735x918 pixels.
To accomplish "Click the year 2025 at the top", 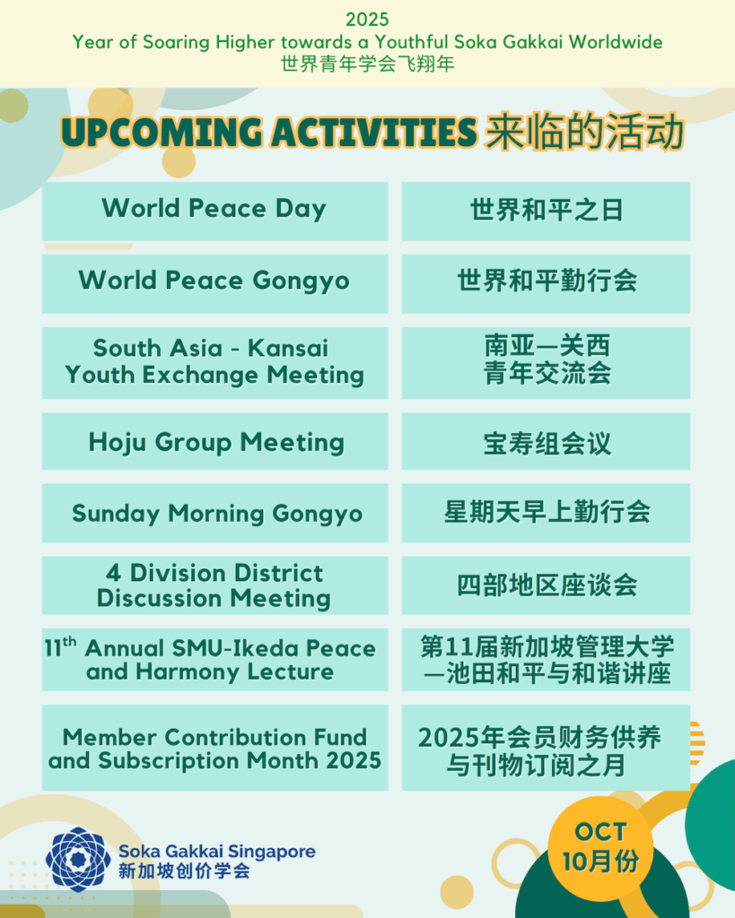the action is click(367, 20).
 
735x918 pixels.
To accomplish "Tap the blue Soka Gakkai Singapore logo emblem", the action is click(78, 859).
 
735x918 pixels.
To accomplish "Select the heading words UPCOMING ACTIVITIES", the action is click(269, 133).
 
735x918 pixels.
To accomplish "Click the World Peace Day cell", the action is click(214, 211).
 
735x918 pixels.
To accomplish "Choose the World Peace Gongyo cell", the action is click(214, 283).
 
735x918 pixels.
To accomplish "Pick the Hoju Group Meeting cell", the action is click(214, 441).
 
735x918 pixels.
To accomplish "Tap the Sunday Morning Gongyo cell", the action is click(214, 513).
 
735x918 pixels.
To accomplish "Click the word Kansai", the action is click(288, 348).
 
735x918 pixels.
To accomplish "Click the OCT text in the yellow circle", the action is click(600, 831).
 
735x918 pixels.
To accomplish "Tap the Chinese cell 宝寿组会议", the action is click(546, 441).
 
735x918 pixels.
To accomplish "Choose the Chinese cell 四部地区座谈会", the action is click(546, 585).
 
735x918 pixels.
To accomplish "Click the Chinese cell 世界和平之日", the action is click(546, 211).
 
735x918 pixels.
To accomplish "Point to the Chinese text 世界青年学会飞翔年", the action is click(368, 64).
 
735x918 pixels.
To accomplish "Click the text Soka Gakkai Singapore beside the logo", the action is click(217, 851).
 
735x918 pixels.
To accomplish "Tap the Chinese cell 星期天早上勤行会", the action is click(546, 513).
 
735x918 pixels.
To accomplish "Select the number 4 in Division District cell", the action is click(113, 573).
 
